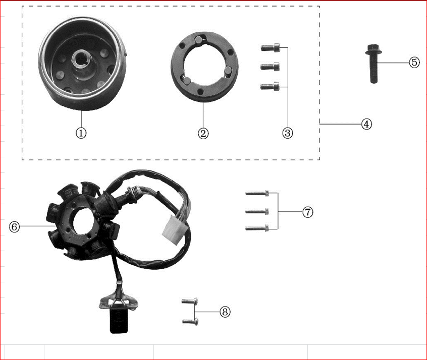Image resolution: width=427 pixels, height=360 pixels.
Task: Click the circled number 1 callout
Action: [81, 133]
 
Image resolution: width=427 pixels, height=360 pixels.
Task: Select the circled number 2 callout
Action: [203, 133]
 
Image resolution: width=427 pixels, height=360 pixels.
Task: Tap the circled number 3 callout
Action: [288, 133]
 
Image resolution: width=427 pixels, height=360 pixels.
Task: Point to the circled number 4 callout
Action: [366, 124]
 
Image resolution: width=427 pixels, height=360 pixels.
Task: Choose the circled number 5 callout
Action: [414, 63]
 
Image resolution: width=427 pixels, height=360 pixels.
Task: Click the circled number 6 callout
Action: [15, 226]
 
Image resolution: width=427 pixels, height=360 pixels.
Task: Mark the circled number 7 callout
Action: [308, 212]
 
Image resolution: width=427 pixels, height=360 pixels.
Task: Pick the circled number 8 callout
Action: [225, 312]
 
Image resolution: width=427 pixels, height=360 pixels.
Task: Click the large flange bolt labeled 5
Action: [373, 64]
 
